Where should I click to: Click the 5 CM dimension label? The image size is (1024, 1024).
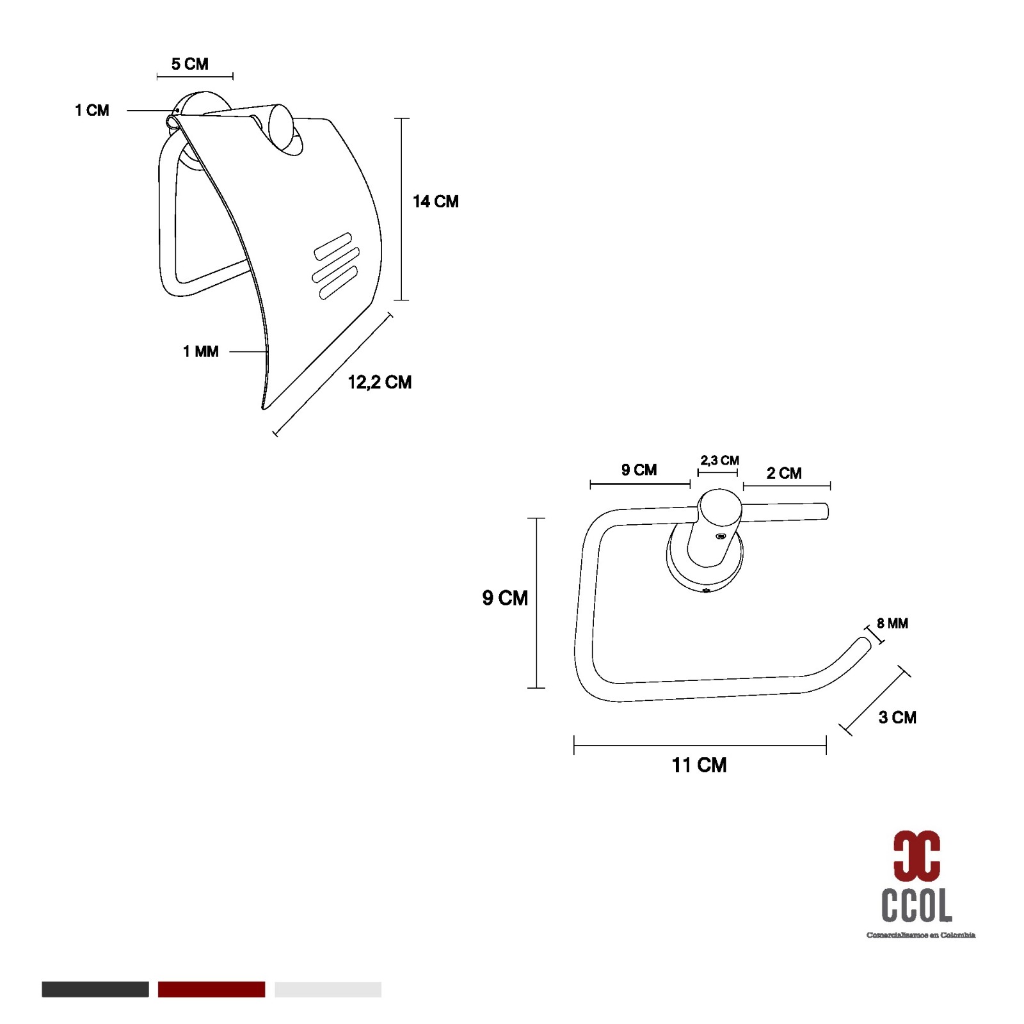189,64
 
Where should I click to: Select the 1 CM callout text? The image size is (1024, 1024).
92,110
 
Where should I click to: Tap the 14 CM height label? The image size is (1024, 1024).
435,202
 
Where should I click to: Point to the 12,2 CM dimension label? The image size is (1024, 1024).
380,382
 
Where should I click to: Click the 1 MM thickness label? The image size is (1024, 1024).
200,351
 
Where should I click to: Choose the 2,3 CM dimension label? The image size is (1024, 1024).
719,460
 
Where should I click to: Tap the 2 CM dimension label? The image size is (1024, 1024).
784,473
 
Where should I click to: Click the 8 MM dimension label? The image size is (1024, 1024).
892,623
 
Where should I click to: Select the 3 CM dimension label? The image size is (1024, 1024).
897,717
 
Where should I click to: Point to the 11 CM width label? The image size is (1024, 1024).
699,765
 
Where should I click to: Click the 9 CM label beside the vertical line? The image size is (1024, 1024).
505,598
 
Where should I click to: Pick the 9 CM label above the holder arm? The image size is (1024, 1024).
639,470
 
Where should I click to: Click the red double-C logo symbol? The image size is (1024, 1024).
916,855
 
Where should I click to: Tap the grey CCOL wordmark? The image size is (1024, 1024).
916,905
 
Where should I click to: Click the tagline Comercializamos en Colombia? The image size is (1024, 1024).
921,935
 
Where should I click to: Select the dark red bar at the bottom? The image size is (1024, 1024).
211,989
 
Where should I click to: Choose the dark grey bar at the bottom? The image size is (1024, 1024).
95,989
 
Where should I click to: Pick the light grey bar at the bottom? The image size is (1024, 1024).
328,989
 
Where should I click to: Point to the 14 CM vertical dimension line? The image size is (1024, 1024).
401,209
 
